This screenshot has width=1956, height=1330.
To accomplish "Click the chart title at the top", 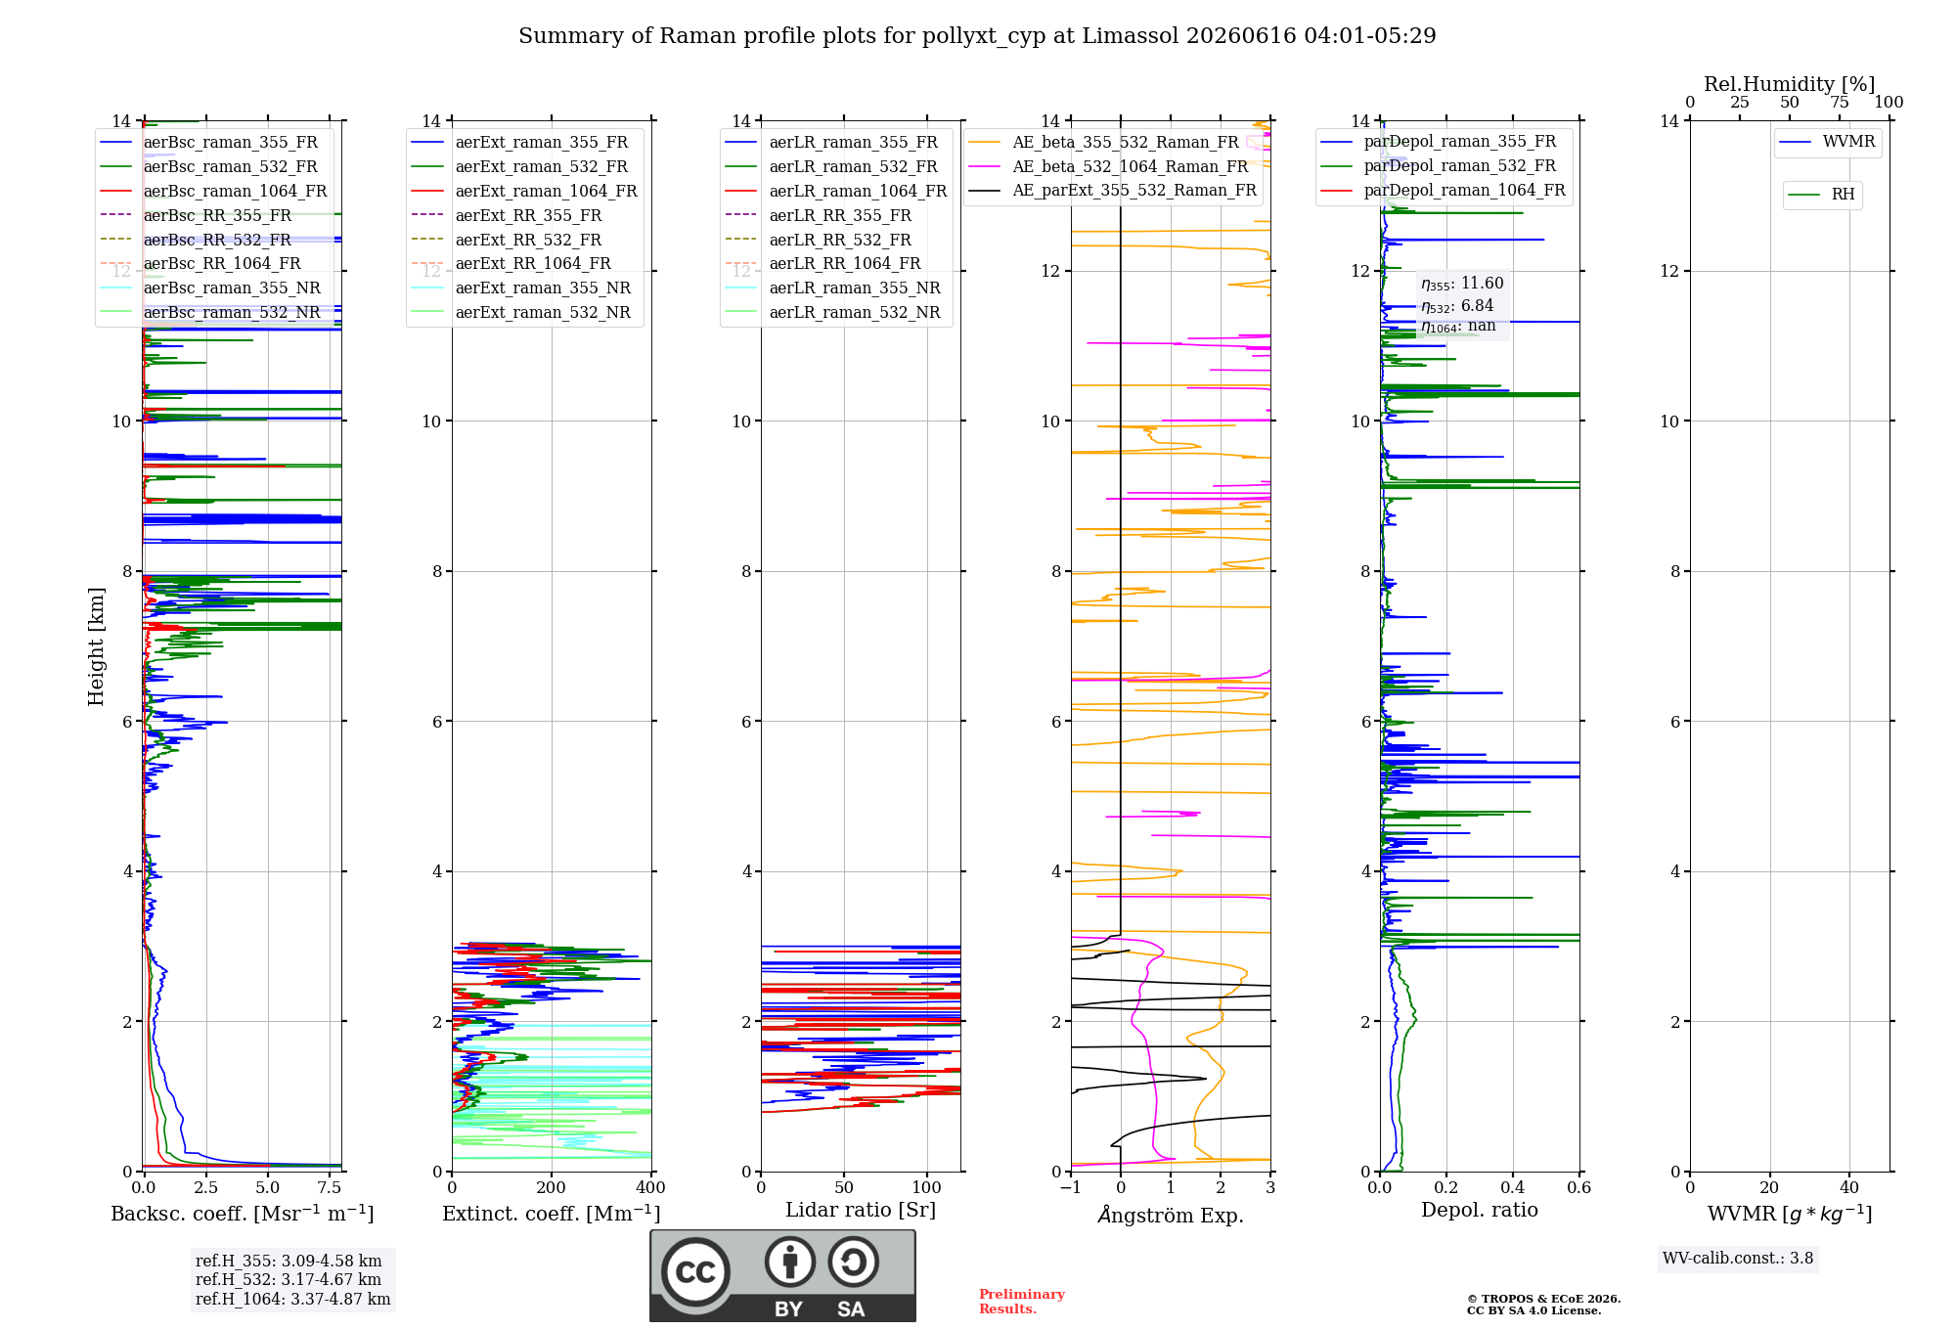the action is click(x=977, y=36).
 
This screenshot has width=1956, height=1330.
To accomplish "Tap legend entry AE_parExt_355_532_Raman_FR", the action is click(x=1113, y=190).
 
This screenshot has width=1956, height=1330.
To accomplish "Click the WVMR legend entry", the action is click(x=1828, y=142).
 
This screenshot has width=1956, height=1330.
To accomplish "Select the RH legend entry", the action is click(x=1822, y=195).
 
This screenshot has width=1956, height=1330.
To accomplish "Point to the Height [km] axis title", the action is click(x=96, y=646).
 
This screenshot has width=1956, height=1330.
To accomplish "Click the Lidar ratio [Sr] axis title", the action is click(x=861, y=1210).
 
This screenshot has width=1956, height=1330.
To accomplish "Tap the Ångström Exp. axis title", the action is click(x=1171, y=1215).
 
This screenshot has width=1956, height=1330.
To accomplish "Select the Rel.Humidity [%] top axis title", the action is click(x=1790, y=84).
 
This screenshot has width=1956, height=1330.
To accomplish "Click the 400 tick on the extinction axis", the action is click(x=650, y=1187).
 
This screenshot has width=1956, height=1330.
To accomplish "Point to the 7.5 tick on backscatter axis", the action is click(x=330, y=1187).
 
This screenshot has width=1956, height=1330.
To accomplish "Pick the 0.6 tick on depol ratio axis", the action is click(x=1579, y=1187).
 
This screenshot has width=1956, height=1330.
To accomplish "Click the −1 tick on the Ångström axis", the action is click(x=1071, y=1187).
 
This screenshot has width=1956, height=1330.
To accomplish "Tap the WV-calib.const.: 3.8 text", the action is click(x=1738, y=1259).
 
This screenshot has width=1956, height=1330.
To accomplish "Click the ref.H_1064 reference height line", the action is click(x=292, y=1299).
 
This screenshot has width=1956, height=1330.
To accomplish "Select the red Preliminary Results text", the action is click(x=1021, y=1302).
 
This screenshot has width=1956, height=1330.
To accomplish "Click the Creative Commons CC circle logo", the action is click(x=695, y=1271).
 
